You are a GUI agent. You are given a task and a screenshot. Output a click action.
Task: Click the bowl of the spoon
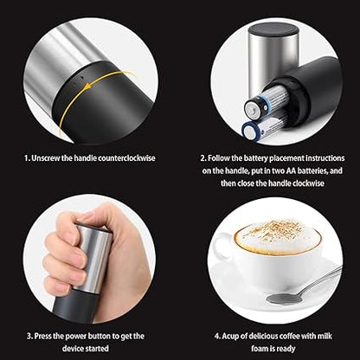pos(284,299)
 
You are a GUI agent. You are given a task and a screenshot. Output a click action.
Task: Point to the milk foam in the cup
pos(278,236)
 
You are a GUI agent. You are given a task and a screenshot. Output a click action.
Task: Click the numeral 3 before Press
pos(29,337)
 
